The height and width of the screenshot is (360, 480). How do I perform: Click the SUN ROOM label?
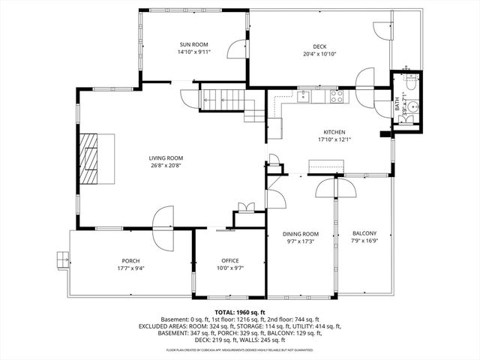click(193, 45)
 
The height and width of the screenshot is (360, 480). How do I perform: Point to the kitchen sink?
click(304, 97)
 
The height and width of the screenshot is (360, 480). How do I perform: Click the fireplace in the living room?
click(91, 157)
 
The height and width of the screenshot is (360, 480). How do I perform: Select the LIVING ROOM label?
click(166, 157)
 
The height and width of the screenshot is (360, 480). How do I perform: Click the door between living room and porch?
click(163, 226)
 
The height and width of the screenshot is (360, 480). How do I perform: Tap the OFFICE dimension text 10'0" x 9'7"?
click(229, 268)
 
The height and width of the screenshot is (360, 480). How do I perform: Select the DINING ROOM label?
click(300, 233)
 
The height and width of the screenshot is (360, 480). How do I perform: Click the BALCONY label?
click(364, 233)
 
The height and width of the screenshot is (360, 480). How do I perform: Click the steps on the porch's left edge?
click(60, 259)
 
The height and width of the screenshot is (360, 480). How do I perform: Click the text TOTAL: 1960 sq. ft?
click(240, 312)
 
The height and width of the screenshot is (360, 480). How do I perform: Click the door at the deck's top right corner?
click(383, 31)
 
